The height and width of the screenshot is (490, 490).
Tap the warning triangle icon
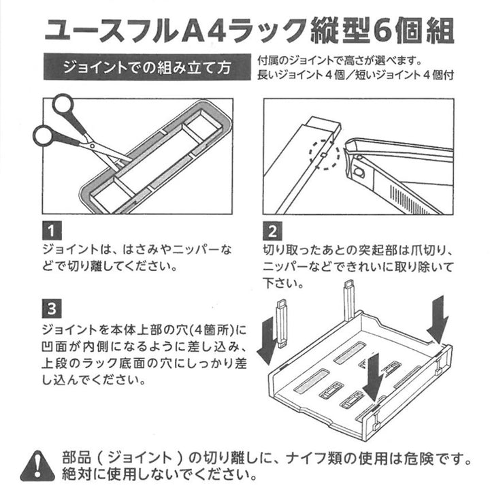37,465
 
